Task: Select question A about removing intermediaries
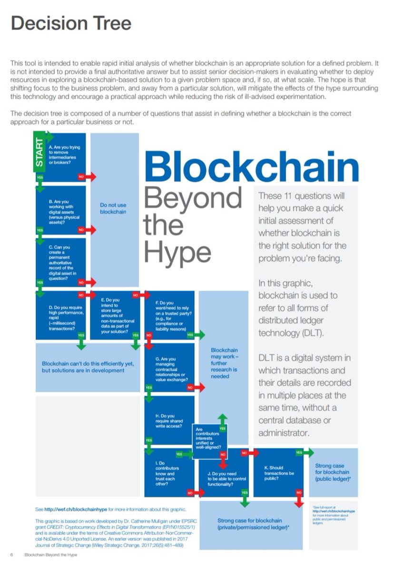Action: [65, 155]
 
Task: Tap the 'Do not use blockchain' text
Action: [113, 208]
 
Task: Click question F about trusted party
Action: [169, 316]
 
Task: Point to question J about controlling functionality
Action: [220, 479]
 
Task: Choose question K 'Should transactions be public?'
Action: [279, 473]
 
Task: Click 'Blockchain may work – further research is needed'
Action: [224, 363]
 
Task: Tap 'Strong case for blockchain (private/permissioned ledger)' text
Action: [250, 524]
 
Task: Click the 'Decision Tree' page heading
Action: [71, 23]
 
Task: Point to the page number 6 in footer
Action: [12, 555]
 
